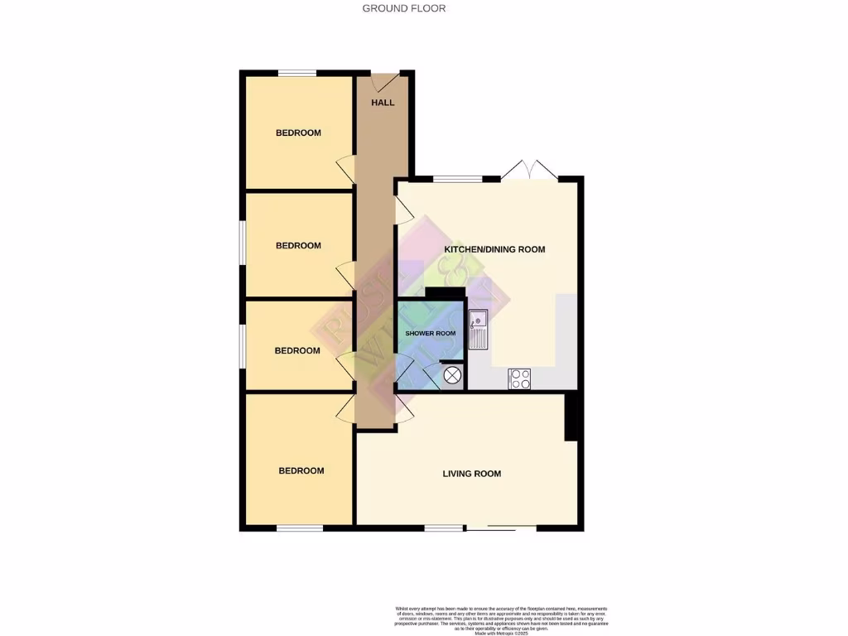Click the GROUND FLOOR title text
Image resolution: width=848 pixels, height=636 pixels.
coord(404,8)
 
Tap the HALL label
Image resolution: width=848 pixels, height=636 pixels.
coord(382,103)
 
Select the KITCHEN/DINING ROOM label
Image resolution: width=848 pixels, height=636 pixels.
coord(494,249)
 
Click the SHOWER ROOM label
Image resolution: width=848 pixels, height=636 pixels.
coord(430,333)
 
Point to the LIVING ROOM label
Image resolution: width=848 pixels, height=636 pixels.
coord(471,474)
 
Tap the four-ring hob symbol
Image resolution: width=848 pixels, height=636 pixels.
coord(519,378)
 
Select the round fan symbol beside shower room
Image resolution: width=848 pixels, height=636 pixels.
coord(452,376)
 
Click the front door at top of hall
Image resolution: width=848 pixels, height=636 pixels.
coord(383,80)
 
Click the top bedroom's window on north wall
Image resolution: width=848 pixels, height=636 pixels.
coord(297,74)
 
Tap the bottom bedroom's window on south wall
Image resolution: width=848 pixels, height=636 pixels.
coord(299,528)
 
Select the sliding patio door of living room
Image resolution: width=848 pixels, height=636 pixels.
coord(501,528)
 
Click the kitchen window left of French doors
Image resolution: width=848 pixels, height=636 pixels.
coord(458,178)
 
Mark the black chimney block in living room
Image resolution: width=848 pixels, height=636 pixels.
coord(571,417)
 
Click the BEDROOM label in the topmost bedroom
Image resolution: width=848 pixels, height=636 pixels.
coord(298,132)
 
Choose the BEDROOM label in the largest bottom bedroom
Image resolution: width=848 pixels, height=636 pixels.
coord(301,470)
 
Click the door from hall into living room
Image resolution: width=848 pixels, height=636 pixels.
coord(404,407)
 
